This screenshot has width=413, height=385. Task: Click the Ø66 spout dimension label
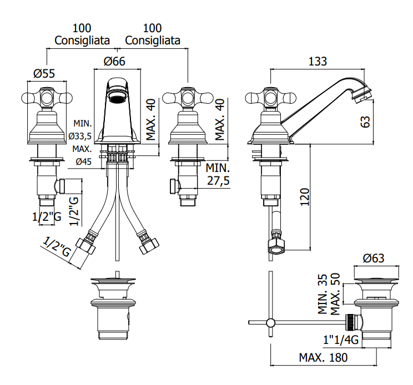[114, 62]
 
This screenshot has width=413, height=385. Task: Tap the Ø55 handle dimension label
[44, 73]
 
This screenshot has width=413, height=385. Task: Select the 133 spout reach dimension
[318, 62]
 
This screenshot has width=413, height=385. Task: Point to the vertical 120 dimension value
[305, 197]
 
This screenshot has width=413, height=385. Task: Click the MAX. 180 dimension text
[323, 357]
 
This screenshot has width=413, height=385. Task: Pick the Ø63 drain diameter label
[374, 258]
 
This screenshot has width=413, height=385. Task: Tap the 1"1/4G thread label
[341, 340]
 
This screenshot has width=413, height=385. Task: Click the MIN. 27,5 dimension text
[218, 174]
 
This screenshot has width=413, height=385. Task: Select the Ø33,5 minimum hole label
[80, 136]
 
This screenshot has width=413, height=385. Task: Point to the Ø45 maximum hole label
[84, 161]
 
